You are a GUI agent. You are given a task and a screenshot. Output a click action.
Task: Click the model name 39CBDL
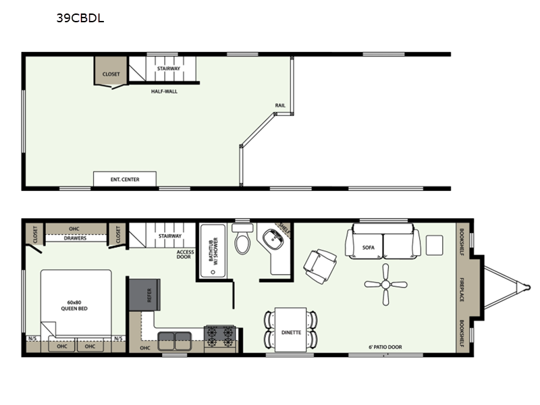(80, 18)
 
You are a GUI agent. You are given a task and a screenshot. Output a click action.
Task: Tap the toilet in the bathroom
(243, 239)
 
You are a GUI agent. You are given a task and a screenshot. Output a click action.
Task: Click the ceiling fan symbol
(385, 284)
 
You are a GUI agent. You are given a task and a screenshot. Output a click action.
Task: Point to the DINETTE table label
(291, 332)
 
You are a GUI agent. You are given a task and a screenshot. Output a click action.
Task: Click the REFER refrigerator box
(144, 295)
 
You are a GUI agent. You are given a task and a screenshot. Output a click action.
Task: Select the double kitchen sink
(175, 341)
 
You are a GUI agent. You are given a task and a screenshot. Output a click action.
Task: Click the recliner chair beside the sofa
(320, 266)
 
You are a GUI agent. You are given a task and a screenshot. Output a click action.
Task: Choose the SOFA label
(368, 247)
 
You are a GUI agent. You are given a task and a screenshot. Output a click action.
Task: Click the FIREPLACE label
(462, 290)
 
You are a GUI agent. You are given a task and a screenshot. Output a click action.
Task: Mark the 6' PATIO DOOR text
(385, 347)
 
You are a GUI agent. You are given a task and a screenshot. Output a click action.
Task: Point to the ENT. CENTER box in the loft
(125, 179)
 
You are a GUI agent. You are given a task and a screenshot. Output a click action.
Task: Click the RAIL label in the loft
(280, 105)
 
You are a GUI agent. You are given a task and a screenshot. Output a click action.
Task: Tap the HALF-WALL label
(164, 91)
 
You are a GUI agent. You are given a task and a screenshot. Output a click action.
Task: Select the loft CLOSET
(111, 72)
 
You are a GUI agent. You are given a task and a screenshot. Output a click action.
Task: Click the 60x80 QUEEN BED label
(74, 306)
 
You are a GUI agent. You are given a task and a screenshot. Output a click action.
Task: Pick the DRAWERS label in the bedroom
(75, 238)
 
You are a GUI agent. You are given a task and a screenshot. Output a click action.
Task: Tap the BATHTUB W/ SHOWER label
(213, 249)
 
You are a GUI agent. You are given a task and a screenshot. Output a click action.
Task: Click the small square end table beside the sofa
(434, 245)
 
